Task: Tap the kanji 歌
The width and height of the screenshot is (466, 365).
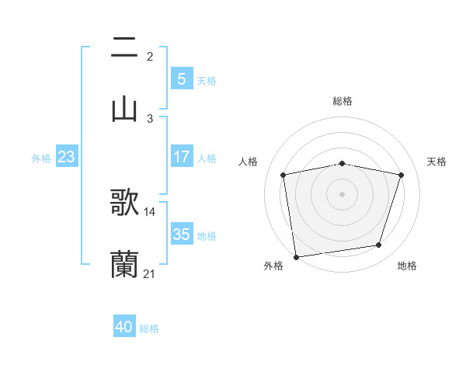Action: [x=124, y=203]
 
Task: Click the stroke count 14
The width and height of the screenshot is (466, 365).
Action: [x=150, y=211]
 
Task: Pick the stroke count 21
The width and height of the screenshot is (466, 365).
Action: [x=150, y=273]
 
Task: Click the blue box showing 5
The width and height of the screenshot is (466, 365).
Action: [x=181, y=78]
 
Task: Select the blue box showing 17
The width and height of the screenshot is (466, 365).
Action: [x=181, y=156]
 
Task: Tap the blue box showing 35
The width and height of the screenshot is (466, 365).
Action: [x=181, y=234]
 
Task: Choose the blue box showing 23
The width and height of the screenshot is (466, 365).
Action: [x=67, y=157]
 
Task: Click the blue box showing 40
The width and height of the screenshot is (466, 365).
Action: [x=124, y=327]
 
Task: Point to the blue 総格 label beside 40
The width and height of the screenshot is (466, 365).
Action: [x=149, y=328]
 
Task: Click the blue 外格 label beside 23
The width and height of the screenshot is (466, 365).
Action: [x=41, y=158]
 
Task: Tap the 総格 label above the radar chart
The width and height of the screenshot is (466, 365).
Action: [x=343, y=101]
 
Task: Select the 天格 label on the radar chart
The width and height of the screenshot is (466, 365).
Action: [x=437, y=162]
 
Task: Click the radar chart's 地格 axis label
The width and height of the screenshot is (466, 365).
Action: [x=407, y=266]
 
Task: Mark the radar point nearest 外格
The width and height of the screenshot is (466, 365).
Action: [x=296, y=256]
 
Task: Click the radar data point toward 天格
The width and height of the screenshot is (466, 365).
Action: [x=401, y=175]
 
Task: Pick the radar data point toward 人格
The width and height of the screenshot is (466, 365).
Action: [x=283, y=175]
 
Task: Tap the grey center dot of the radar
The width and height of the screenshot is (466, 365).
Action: [x=343, y=194]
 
